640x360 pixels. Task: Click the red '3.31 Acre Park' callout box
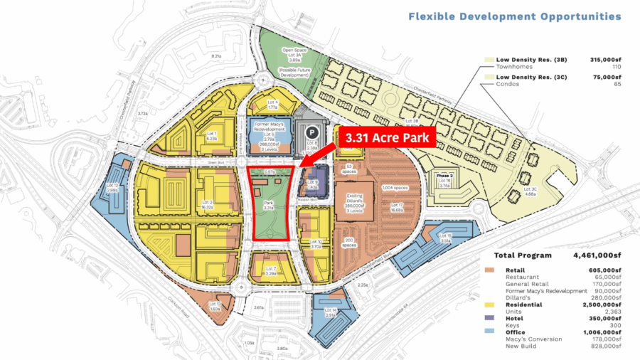(388, 137)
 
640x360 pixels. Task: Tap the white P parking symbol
(311, 131)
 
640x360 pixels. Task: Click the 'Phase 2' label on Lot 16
(445, 175)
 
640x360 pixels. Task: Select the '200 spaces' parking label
(350, 241)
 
